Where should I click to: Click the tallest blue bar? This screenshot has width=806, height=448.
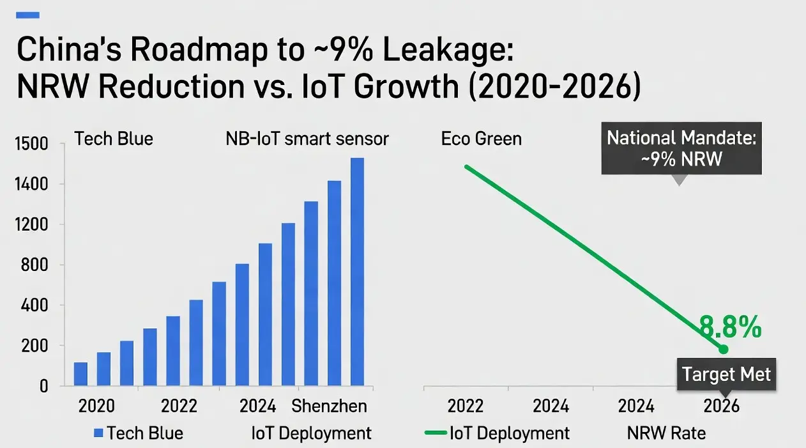tap(357, 272)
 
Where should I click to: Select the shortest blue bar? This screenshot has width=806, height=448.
tap(80, 374)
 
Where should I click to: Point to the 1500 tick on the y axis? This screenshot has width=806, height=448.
tap(31, 144)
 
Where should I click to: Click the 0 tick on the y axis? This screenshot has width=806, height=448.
tap(43, 386)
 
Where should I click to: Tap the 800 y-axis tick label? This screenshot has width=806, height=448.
tap(35, 265)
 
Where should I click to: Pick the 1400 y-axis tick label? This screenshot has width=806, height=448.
tap(31, 185)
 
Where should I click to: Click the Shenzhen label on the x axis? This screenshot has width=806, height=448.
tap(329, 406)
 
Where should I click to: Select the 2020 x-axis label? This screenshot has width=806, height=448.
tap(96, 406)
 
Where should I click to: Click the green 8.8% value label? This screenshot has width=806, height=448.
tap(730, 327)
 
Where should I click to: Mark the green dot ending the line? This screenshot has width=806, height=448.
tap(723, 349)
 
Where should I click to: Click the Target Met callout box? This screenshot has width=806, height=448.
tap(726, 374)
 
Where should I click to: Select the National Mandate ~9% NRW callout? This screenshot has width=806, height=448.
tap(681, 148)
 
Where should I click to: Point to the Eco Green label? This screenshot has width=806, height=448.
tap(481, 139)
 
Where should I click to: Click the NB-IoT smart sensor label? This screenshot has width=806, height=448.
tap(307, 139)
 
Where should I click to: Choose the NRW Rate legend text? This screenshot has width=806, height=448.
tap(666, 433)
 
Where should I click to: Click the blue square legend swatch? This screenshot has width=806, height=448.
tap(98, 433)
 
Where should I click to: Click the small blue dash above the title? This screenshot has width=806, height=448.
tap(31, 15)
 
